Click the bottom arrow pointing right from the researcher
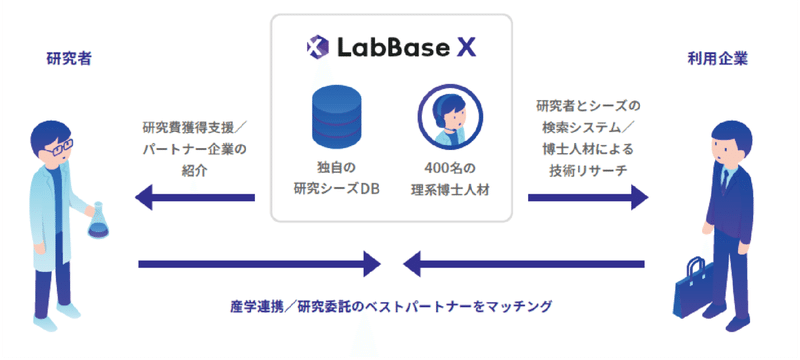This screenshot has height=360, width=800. tap(261, 265)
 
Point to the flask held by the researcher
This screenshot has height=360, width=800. tap(99, 221)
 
